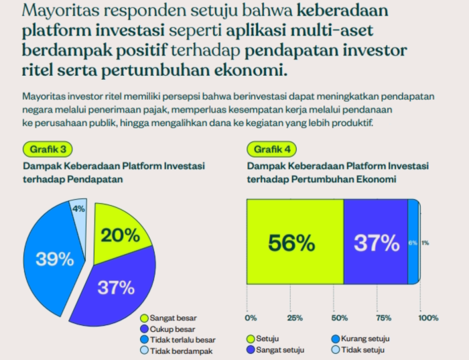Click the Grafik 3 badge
pos(48,149)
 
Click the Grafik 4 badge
pos(271,149)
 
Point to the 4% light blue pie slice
pos(79,211)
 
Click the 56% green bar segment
pos(291,243)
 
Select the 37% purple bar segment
pos(376,243)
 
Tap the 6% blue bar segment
pos(413,243)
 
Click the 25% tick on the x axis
pos(292,317)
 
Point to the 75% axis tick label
pos(383,317)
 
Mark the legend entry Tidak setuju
pos(361,349)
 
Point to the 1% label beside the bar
pos(425,243)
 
